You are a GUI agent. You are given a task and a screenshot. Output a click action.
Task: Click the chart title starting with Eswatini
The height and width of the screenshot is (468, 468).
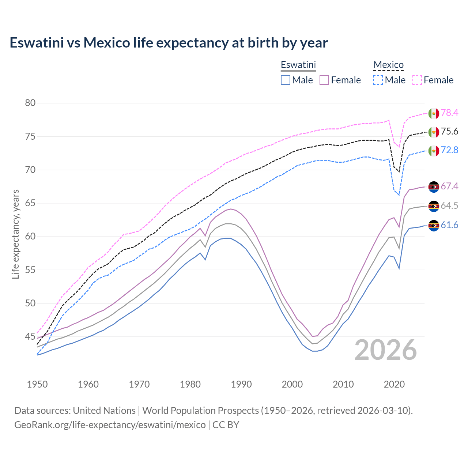(x=169, y=43)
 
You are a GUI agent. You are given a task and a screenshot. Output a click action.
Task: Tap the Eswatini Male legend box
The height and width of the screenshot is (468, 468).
(x=286, y=80)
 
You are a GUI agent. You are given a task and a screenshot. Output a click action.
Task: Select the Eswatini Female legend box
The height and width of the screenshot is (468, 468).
(x=324, y=80)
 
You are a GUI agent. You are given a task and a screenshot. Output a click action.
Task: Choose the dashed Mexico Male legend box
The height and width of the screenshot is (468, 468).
(x=378, y=80)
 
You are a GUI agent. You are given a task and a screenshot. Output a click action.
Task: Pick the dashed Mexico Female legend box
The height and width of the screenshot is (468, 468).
(x=417, y=80)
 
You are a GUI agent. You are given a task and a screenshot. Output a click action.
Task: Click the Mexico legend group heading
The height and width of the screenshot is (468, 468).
(x=388, y=65)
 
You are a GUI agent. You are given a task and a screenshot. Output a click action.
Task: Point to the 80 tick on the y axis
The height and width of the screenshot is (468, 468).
(x=30, y=103)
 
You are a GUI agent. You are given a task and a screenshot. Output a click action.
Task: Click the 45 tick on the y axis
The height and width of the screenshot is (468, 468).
(x=30, y=336)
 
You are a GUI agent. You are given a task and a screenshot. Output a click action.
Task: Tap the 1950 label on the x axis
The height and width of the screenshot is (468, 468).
(x=37, y=384)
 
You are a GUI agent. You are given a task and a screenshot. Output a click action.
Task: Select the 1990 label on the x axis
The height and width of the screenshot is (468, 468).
(x=241, y=384)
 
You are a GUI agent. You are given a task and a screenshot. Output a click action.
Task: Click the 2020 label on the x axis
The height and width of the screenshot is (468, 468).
(x=394, y=384)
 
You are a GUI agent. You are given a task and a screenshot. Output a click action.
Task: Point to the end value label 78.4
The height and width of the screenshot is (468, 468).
(x=449, y=113)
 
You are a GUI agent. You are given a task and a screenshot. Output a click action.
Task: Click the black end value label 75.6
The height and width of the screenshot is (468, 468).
(x=449, y=132)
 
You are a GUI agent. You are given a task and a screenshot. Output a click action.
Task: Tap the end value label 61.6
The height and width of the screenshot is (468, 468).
(x=449, y=225)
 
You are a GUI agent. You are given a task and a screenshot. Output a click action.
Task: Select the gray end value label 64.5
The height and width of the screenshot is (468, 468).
(x=449, y=206)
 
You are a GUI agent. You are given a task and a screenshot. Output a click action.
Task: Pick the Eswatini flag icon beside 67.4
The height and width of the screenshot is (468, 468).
(x=434, y=187)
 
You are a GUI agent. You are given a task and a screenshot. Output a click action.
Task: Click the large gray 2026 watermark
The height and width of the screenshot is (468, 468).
(x=386, y=350)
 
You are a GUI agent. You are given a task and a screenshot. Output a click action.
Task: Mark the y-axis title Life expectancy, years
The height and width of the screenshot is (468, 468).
(x=16, y=234)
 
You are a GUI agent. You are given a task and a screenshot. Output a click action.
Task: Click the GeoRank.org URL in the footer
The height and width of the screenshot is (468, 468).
(x=110, y=425)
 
